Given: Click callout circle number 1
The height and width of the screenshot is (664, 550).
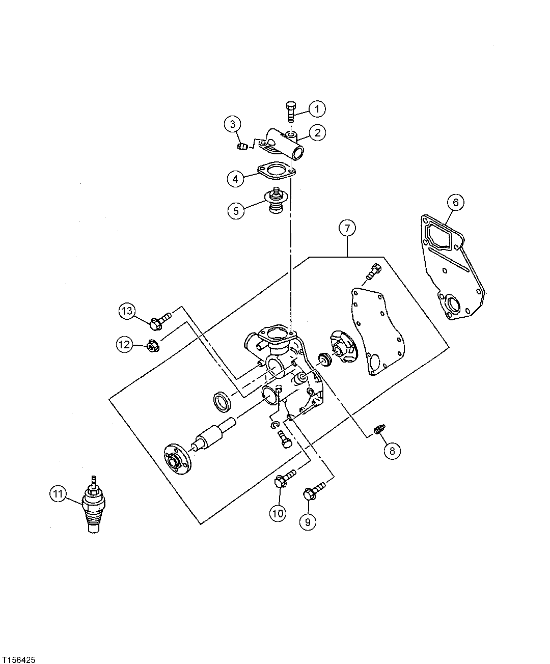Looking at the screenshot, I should coord(317,108).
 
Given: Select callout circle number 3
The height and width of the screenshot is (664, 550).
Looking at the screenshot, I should coord(232,123).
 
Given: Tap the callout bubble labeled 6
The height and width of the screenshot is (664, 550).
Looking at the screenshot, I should coord(455,202).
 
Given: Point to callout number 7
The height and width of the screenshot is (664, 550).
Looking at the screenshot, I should coord(347,229).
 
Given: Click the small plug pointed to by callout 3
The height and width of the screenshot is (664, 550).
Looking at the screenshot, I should coord(243,147).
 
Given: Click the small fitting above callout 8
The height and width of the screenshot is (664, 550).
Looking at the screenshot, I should coord(378,430).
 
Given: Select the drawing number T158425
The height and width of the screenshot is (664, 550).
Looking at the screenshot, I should coord(18,659).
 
